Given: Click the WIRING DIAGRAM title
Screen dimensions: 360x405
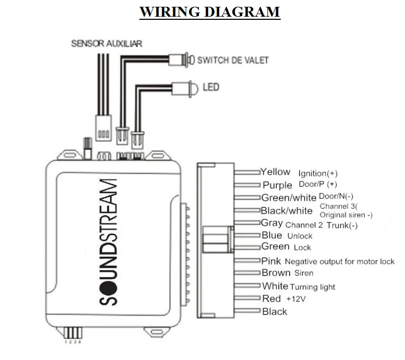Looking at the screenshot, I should (210, 12).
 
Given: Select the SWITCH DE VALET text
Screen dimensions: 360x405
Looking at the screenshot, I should (233, 60).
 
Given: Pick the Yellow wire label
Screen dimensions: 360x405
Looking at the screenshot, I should (276, 172).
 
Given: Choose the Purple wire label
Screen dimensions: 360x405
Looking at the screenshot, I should (277, 185).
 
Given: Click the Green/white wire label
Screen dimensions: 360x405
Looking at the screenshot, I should (289, 198).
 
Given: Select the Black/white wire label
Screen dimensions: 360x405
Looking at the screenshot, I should (288, 211).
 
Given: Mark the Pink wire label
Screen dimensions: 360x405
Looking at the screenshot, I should (271, 260).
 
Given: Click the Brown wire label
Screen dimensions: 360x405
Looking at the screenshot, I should (276, 273).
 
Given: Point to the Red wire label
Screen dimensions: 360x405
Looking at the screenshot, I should (271, 298).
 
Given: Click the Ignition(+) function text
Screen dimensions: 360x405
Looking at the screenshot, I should (318, 173).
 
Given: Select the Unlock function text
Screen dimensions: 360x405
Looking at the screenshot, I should (300, 236).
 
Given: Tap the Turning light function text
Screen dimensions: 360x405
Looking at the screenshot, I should (313, 287).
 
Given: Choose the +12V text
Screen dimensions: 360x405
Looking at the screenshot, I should (294, 299).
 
